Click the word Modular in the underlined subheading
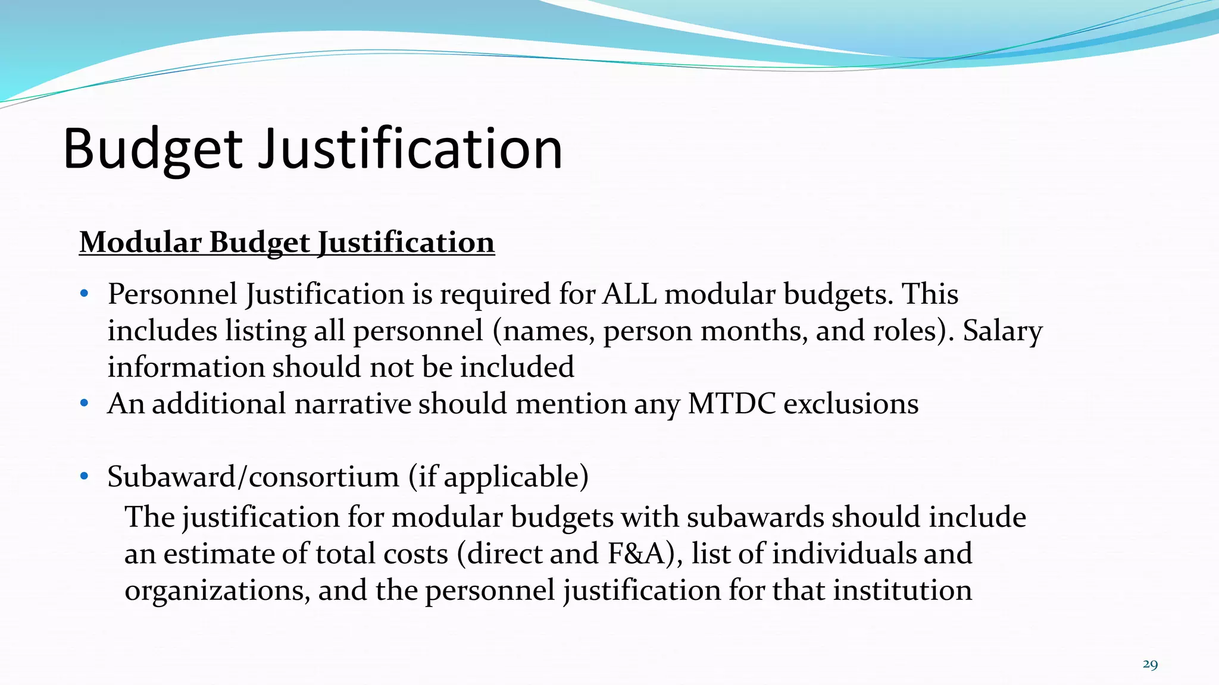pyautogui.click(x=140, y=243)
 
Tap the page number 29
pyautogui.click(x=1150, y=664)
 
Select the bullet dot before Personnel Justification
pyautogui.click(x=85, y=294)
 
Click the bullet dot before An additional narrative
pyautogui.click(x=85, y=404)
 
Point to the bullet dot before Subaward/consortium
pyautogui.click(x=85, y=476)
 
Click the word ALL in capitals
pyautogui.click(x=629, y=294)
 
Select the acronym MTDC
pyautogui.click(x=732, y=404)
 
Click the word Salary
pyautogui.click(x=1002, y=331)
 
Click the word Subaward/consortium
pyautogui.click(x=253, y=476)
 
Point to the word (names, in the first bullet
pyautogui.click(x=543, y=331)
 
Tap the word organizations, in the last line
pyautogui.click(x=217, y=590)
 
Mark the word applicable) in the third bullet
pyautogui.click(x=516, y=476)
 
